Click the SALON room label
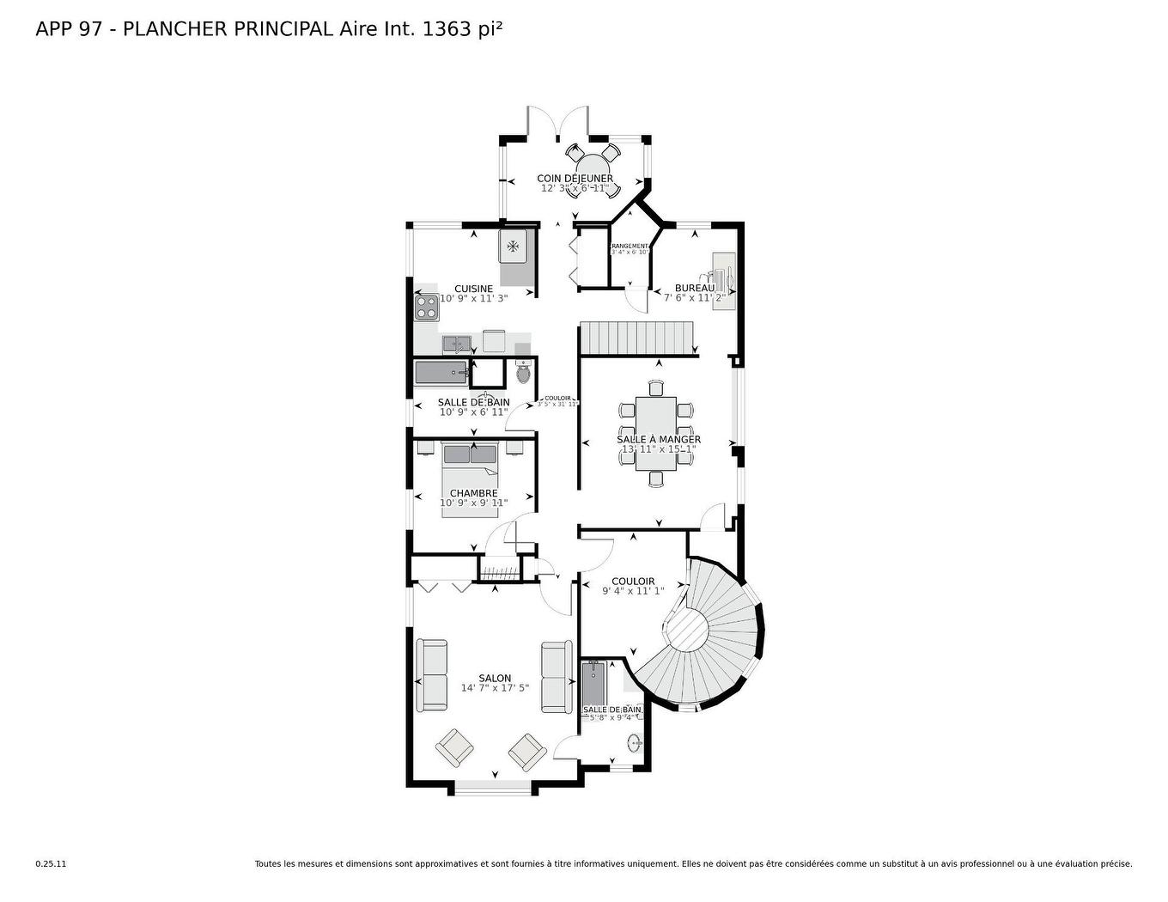point(495,678)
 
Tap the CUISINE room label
point(473,289)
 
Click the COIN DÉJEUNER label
point(575,179)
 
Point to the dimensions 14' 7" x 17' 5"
point(495,688)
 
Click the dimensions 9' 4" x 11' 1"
point(633,591)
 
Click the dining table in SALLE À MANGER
point(656,433)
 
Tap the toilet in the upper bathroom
point(524,374)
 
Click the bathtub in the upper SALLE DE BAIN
point(441,374)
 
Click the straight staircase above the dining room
point(637,338)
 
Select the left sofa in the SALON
point(432,675)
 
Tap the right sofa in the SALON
point(557,676)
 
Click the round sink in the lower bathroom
point(635,743)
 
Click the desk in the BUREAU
point(724,281)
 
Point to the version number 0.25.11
point(51,864)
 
